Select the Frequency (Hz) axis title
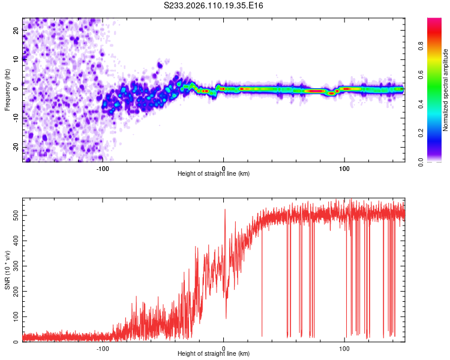[7, 89]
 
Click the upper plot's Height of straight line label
[214, 173]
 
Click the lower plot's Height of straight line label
[214, 353]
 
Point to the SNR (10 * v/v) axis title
[7, 271]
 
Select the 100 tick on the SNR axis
[14, 316]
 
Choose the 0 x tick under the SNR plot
[224, 347]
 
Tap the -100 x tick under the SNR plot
[103, 347]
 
